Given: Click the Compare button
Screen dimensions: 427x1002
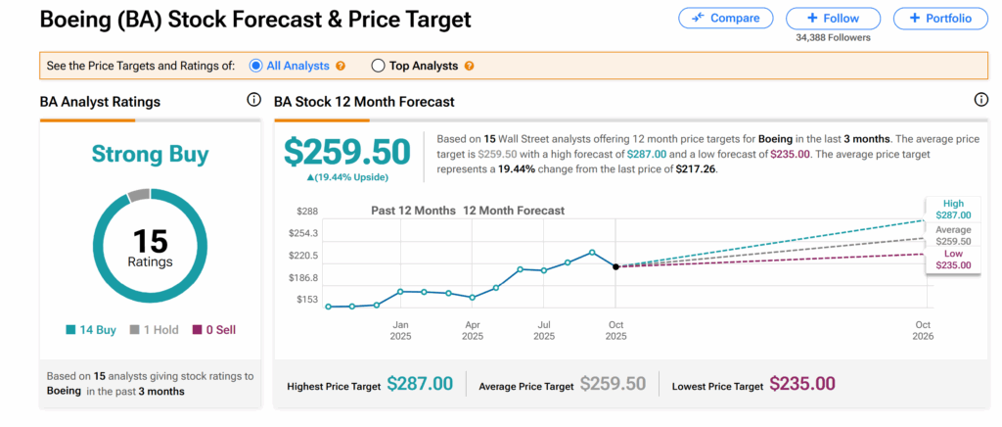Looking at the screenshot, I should click(x=725, y=19).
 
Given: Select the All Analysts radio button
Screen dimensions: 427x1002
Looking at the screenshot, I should click(x=256, y=66).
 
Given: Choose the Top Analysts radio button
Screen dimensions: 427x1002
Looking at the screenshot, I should click(x=378, y=66).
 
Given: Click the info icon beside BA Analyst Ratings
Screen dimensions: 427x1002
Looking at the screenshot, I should click(x=253, y=100).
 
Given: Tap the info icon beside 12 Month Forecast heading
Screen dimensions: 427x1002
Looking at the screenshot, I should click(x=981, y=100).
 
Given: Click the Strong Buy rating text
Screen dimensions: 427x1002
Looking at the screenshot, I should click(x=150, y=154).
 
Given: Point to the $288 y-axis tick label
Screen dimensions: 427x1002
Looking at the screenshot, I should click(x=308, y=211).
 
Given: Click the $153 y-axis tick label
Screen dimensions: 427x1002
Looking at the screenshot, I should click(x=308, y=300).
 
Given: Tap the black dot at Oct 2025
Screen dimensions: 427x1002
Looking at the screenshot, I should click(x=615, y=266).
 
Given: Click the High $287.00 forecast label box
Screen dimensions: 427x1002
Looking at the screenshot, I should click(x=953, y=209).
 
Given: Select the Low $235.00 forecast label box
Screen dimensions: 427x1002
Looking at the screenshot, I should click(x=953, y=259).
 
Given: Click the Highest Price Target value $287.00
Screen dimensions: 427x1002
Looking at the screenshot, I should click(x=420, y=385).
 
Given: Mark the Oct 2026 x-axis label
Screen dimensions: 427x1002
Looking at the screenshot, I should click(x=923, y=330).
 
